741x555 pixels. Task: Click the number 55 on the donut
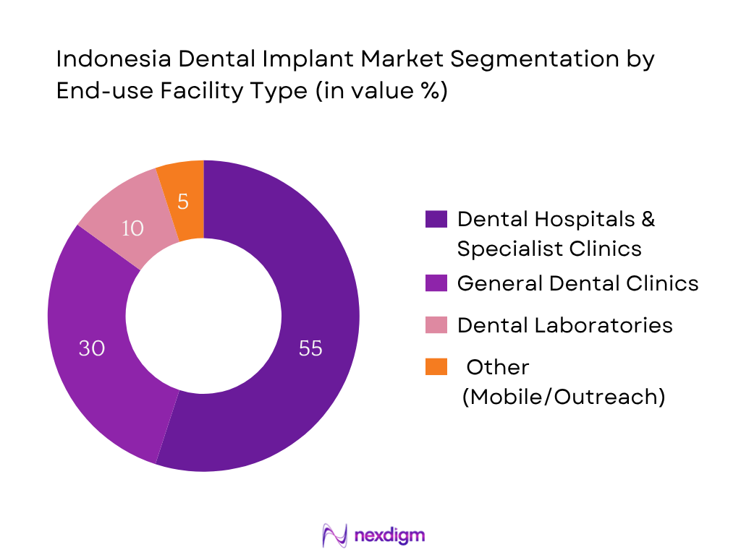[x=310, y=348]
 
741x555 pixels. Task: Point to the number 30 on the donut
[x=92, y=348]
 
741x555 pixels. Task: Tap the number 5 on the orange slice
[x=183, y=202]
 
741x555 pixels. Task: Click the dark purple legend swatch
[x=436, y=219]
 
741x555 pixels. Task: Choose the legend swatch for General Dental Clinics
[x=436, y=283]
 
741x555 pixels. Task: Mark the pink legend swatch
[x=436, y=324]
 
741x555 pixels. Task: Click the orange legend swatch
[x=436, y=367]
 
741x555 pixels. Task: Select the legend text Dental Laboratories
[x=564, y=325]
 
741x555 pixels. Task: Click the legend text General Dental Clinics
[x=577, y=283]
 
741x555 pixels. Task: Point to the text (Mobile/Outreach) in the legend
[x=563, y=396]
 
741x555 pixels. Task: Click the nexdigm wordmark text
[x=391, y=535]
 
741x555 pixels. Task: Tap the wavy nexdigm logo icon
[x=335, y=535]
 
